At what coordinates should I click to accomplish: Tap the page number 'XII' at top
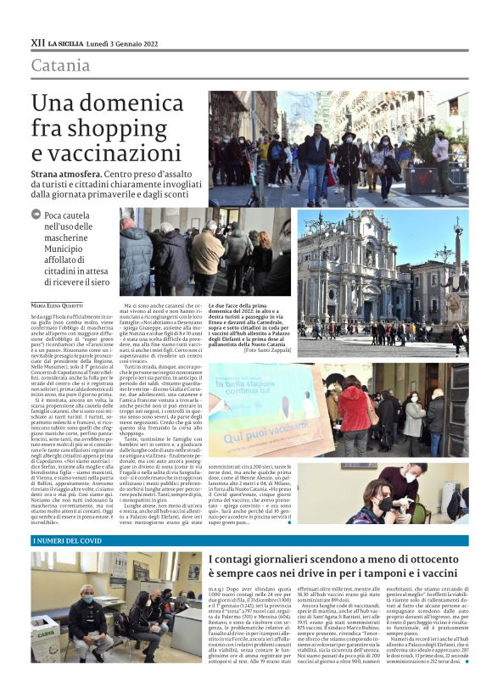pos(37,42)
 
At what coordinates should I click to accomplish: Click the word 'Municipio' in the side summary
pos(68,250)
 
